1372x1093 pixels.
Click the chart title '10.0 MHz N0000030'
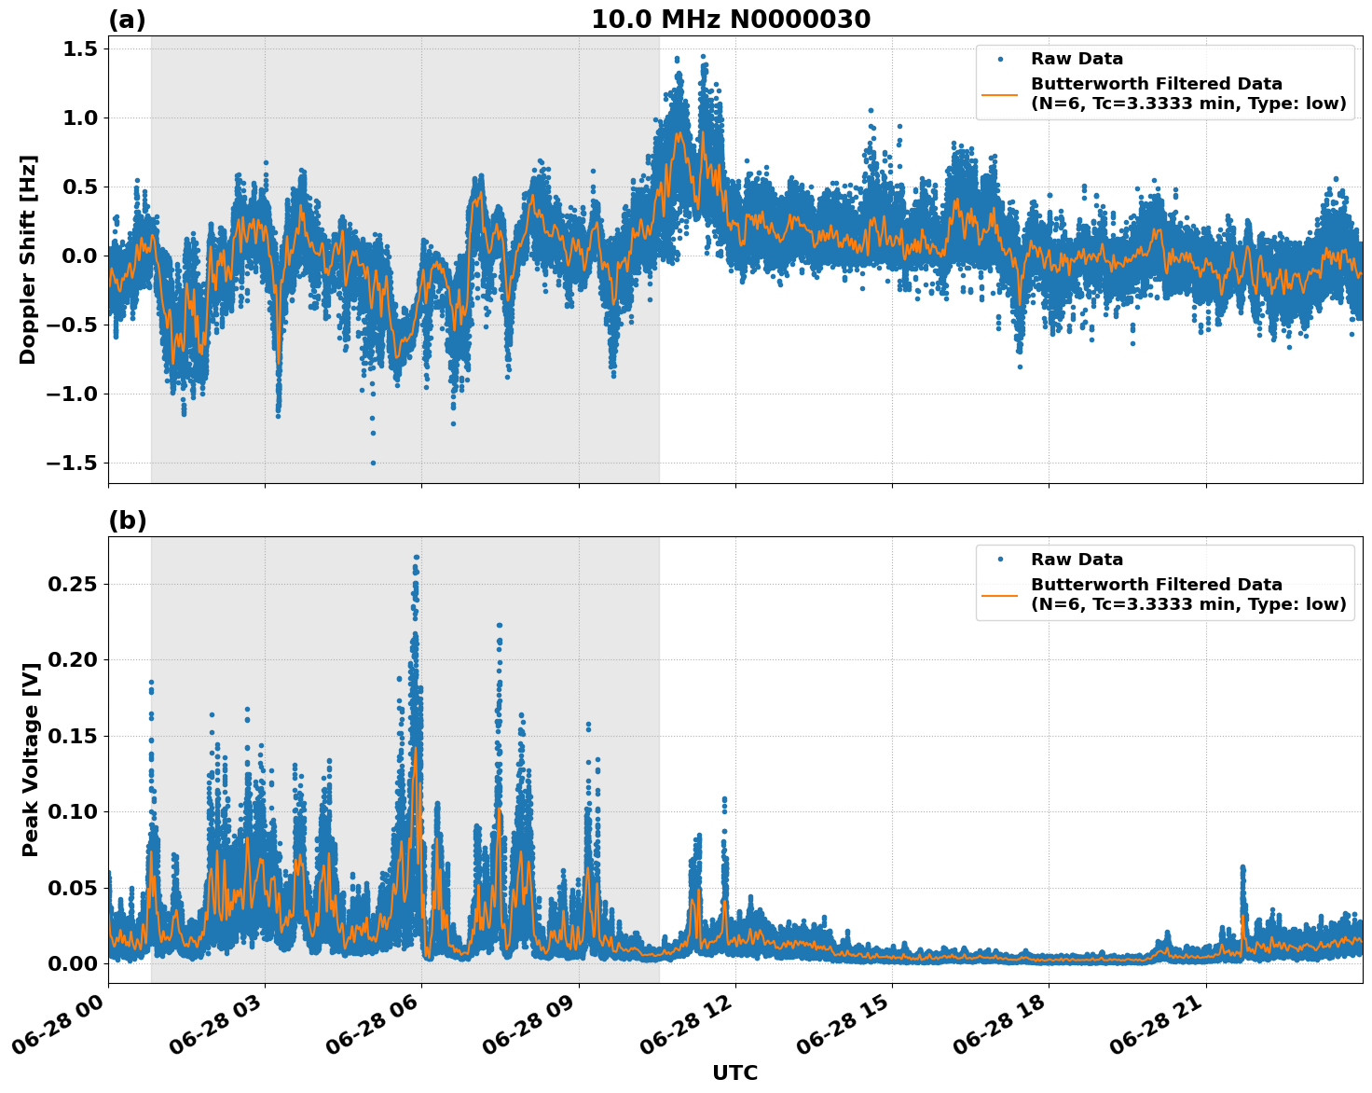[731, 20]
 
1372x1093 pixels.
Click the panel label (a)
[127, 20]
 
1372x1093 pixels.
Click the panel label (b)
[127, 520]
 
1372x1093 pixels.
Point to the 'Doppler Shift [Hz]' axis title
[28, 259]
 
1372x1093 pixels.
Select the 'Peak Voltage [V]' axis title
[31, 759]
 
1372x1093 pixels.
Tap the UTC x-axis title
[734, 1072]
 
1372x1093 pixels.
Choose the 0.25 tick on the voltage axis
[75, 584]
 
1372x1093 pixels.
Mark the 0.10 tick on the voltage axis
[75, 811]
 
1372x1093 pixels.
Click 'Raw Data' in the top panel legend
[1077, 59]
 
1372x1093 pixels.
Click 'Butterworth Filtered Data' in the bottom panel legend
[1156, 585]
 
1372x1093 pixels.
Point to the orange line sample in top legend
[999, 93]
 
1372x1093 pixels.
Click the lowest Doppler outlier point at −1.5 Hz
[373, 463]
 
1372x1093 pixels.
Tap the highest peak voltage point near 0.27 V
[416, 558]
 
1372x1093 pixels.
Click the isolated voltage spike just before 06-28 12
[723, 800]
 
